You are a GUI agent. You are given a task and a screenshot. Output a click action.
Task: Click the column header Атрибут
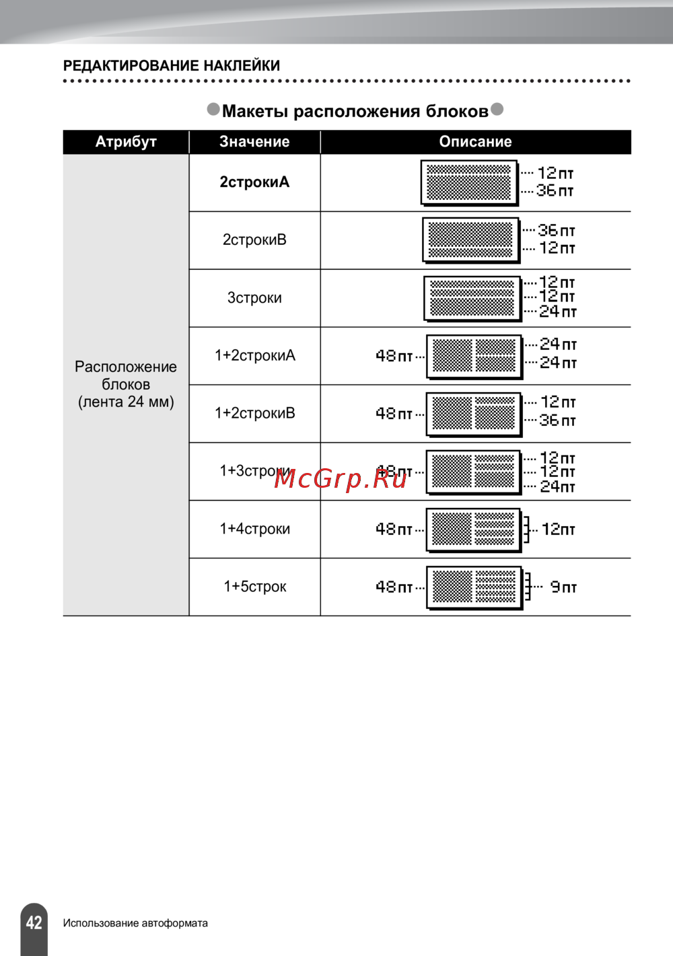(x=126, y=141)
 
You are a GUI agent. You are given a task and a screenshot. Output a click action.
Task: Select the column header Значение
(x=254, y=141)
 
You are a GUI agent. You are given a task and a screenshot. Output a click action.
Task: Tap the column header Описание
(x=475, y=141)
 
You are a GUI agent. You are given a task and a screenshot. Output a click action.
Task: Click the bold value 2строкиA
(x=254, y=182)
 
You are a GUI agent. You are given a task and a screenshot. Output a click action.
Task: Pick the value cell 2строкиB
(x=254, y=240)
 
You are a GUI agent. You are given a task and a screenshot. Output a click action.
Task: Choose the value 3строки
(x=254, y=297)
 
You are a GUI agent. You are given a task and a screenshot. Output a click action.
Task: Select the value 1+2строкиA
(x=255, y=355)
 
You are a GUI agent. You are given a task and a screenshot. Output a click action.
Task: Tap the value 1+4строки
(x=255, y=529)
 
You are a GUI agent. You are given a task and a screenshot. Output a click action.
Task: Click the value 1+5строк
(x=255, y=587)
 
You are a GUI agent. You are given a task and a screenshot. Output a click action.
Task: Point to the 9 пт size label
(x=564, y=587)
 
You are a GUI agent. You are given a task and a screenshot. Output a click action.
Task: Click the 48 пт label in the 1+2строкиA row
(x=394, y=356)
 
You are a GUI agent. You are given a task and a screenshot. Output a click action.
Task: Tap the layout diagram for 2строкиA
(x=469, y=183)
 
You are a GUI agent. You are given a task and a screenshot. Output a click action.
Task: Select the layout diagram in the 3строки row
(x=472, y=298)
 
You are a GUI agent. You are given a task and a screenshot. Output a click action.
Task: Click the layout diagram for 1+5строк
(x=474, y=588)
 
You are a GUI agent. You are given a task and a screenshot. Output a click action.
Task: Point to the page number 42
(x=34, y=923)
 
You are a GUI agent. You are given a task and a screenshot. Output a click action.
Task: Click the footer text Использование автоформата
(x=135, y=923)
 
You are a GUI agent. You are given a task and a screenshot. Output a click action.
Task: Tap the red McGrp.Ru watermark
(x=341, y=479)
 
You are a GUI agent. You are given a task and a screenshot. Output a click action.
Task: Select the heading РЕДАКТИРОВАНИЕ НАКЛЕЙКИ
(x=172, y=66)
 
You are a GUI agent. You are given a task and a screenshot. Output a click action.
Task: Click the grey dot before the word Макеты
(x=213, y=109)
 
